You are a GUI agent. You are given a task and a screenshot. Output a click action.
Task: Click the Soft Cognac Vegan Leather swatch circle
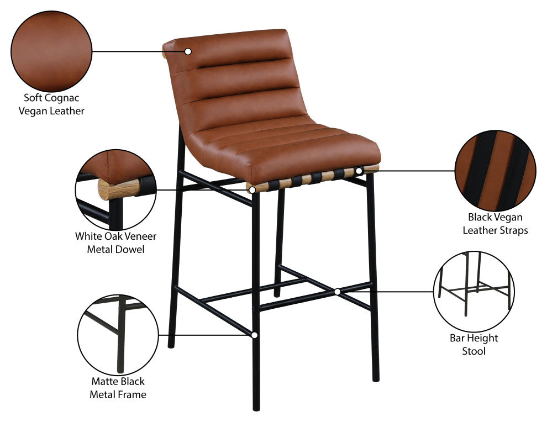(x=51, y=51)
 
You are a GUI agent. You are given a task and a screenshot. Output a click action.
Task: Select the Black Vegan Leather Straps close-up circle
(x=496, y=171)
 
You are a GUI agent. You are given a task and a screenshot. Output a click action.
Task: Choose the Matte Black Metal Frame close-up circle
(x=117, y=334)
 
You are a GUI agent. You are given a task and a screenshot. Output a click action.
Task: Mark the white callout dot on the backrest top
(x=188, y=51)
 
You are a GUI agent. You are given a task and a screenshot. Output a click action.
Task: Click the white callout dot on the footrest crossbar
(x=337, y=291)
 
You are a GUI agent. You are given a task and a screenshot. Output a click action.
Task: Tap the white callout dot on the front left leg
(x=255, y=335)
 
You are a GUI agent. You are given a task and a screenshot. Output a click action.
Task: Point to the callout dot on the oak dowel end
(x=253, y=189)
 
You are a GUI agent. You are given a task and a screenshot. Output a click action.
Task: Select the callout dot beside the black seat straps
(x=359, y=171)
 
